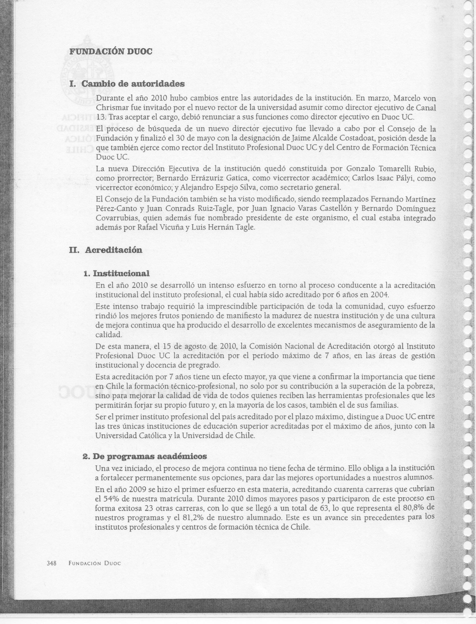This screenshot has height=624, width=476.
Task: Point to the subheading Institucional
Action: pyautogui.click(x=121, y=273)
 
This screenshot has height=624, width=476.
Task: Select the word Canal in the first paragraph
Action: pyautogui.click(x=426, y=108)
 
